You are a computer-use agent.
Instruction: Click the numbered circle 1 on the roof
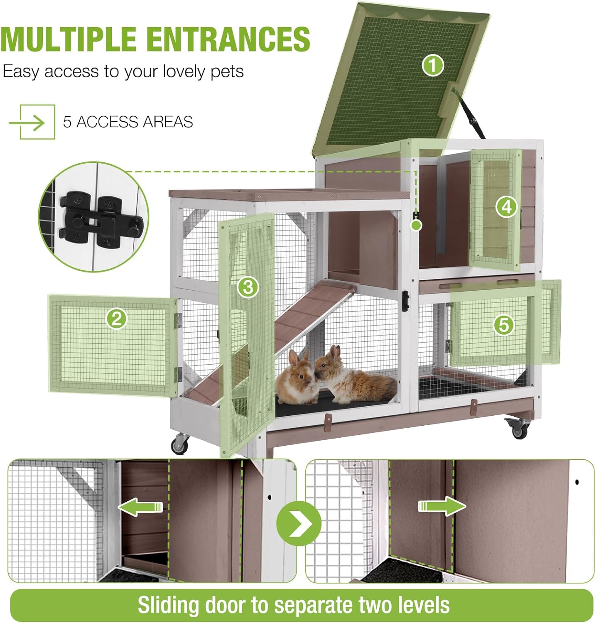point(433,66)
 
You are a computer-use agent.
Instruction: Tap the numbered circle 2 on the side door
point(117,319)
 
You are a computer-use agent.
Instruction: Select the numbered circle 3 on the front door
point(248,287)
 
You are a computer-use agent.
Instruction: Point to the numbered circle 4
point(506,206)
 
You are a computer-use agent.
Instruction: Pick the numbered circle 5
point(504,324)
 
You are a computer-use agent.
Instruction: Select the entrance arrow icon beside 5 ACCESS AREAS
point(32,122)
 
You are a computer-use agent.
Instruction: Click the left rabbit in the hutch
point(297,378)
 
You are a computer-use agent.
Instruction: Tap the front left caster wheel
point(179,444)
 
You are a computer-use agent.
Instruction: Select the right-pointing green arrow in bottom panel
point(442,506)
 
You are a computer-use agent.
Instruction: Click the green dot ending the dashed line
point(416,226)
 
